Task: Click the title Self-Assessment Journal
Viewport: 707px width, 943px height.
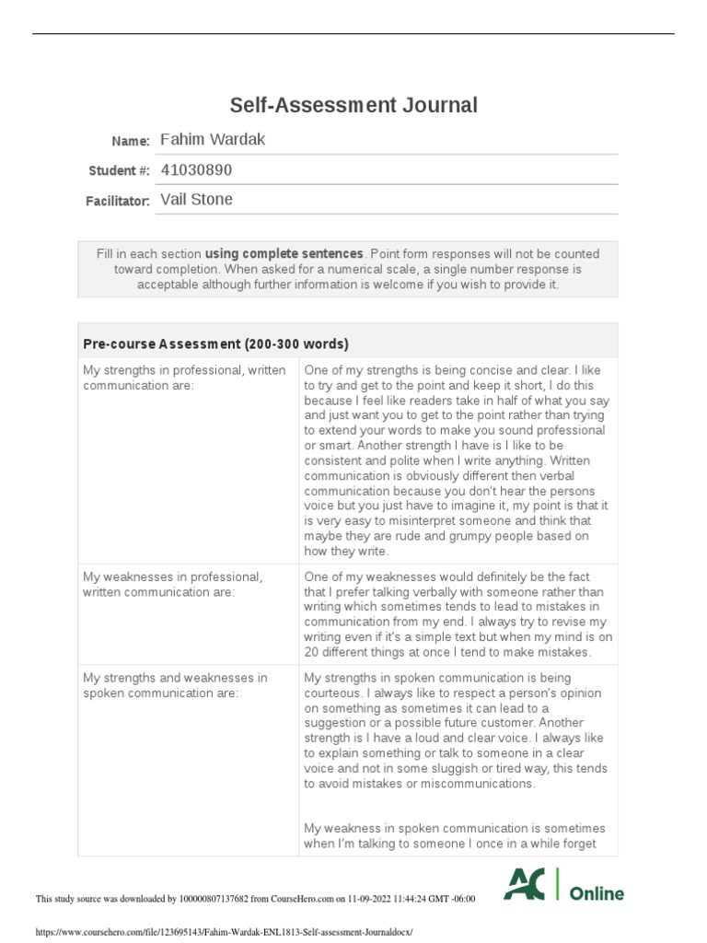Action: point(353,105)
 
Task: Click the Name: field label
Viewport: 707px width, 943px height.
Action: point(131,141)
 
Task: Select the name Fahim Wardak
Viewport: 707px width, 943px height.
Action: point(213,139)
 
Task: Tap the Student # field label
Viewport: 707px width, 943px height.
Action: point(119,170)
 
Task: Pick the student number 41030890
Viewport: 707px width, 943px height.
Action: point(196,169)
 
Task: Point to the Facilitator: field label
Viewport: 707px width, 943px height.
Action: point(118,201)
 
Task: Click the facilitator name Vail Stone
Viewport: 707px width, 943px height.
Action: point(196,199)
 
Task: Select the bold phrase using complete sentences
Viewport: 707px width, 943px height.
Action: point(284,253)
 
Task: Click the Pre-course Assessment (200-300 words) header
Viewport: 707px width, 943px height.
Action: point(215,343)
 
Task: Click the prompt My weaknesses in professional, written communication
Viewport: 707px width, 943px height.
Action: point(172,584)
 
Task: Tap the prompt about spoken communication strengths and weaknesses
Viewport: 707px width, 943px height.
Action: point(175,684)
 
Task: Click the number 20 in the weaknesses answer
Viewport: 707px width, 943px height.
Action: point(311,652)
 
